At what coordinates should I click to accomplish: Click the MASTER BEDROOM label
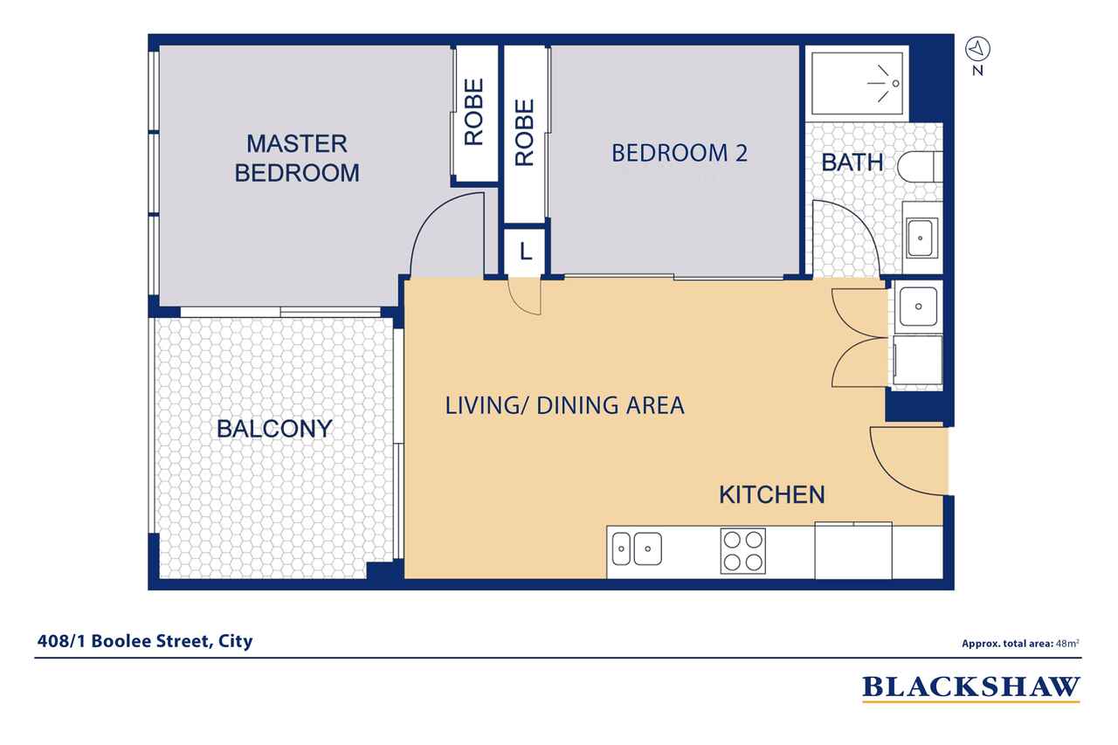pyautogui.click(x=297, y=158)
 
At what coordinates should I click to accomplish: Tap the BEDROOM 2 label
pyautogui.click(x=680, y=153)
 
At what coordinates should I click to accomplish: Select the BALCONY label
pyautogui.click(x=274, y=429)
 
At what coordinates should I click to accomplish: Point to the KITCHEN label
pyautogui.click(x=771, y=494)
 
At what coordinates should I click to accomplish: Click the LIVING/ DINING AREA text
pyautogui.click(x=564, y=405)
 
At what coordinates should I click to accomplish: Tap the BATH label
pyautogui.click(x=852, y=162)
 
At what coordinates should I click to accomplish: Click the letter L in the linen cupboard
pyautogui.click(x=525, y=252)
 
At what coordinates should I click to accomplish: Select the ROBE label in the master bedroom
pyautogui.click(x=474, y=112)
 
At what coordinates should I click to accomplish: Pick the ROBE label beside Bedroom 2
pyautogui.click(x=525, y=133)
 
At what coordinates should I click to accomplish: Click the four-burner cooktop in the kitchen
pyautogui.click(x=743, y=551)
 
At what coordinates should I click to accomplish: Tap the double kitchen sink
pyautogui.click(x=637, y=548)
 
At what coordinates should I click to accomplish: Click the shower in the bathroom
pyautogui.click(x=857, y=83)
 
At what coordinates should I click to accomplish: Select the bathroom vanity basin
pyautogui.click(x=921, y=238)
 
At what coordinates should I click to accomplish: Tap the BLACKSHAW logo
pyautogui.click(x=971, y=688)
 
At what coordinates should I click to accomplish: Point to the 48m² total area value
pyautogui.click(x=1067, y=643)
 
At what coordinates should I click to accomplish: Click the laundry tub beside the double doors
pyautogui.click(x=918, y=306)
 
